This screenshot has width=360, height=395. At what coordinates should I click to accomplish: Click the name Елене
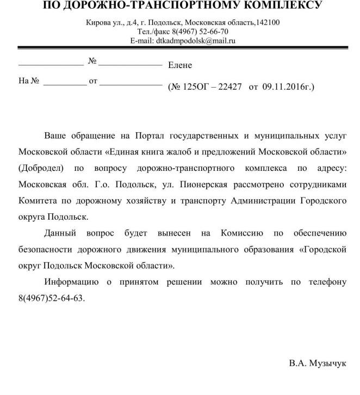click(180, 65)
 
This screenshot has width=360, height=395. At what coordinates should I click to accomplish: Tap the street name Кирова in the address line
click(98, 22)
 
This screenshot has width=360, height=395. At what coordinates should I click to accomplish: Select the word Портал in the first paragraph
click(170, 134)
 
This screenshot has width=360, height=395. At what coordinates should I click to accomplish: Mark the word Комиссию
click(242, 233)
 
